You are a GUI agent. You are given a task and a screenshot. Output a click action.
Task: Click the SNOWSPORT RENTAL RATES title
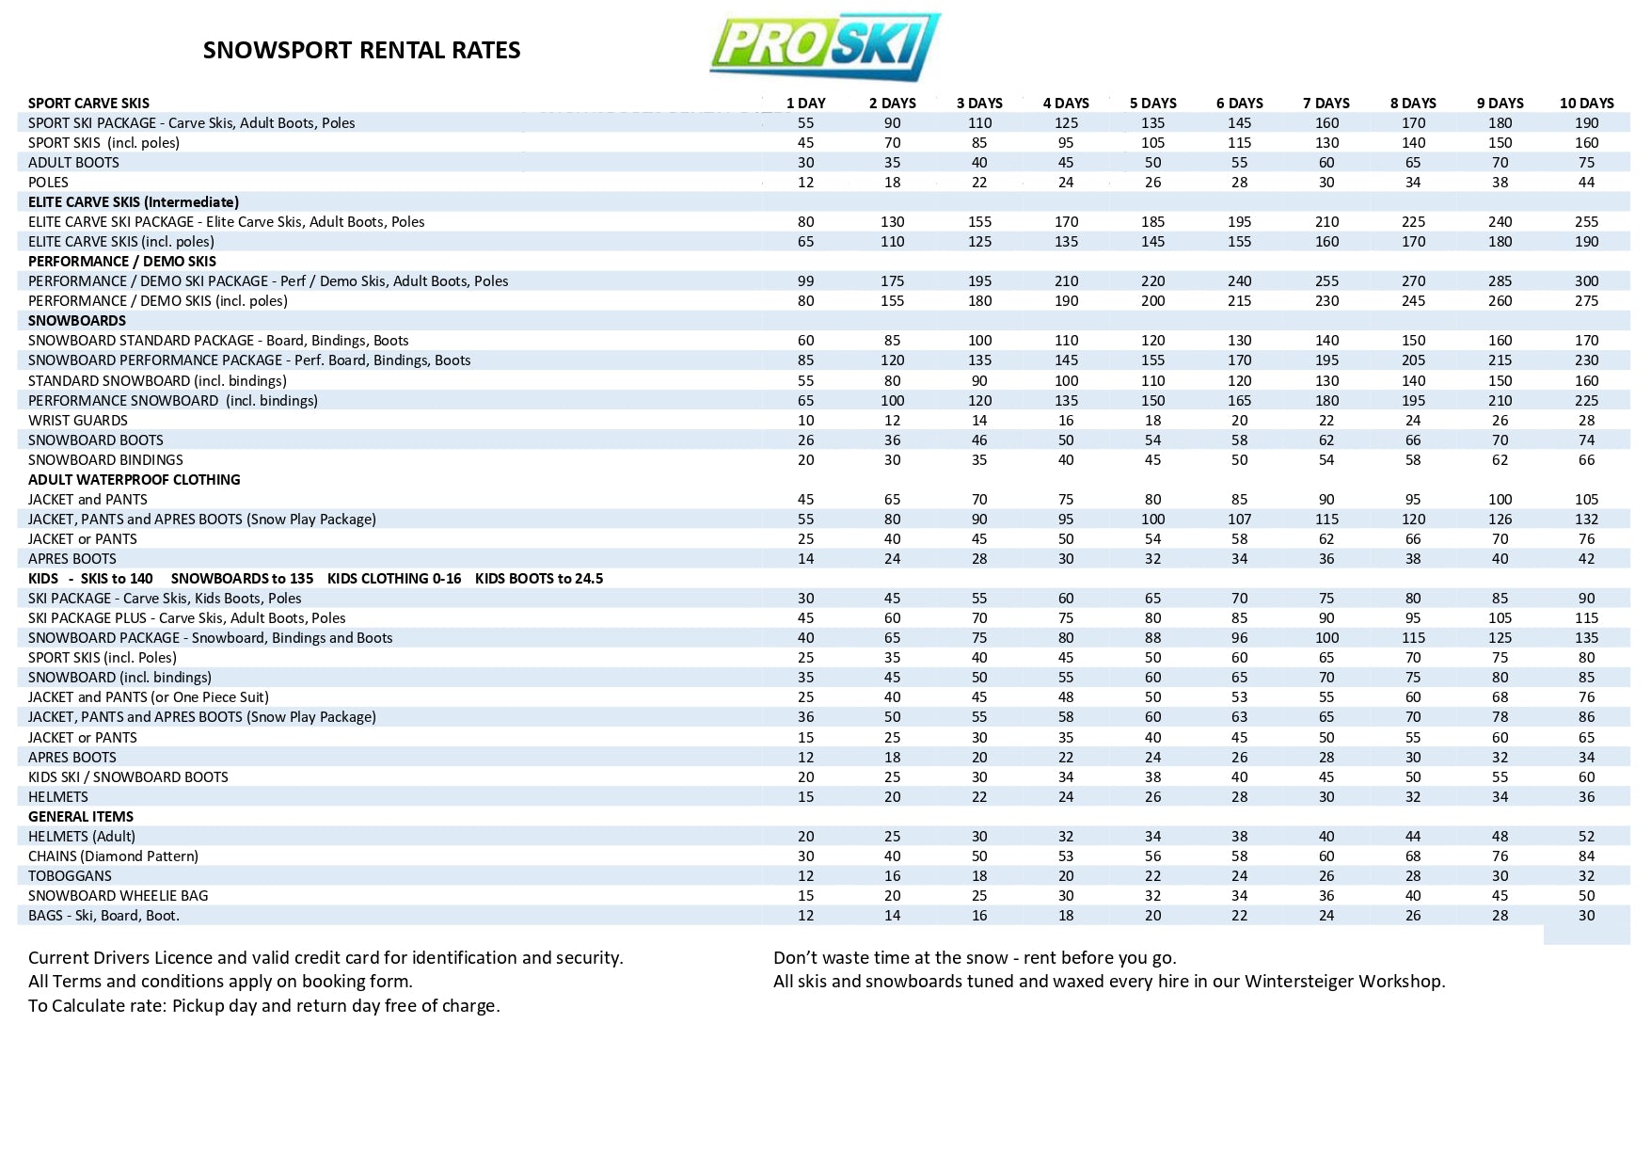click(361, 50)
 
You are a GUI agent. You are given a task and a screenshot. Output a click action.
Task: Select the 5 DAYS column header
click(1152, 104)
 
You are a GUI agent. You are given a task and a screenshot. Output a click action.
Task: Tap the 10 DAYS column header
click(1586, 104)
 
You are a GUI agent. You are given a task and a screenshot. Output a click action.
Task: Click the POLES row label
click(48, 183)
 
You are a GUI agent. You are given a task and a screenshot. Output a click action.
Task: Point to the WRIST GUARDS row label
click(78, 421)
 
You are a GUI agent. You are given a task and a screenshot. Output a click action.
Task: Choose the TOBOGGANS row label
click(70, 876)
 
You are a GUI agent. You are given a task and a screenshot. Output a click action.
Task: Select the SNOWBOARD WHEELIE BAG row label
click(118, 896)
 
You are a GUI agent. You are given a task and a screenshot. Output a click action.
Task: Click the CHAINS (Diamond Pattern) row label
click(113, 856)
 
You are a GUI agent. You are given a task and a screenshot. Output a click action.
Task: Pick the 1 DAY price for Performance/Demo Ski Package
click(805, 281)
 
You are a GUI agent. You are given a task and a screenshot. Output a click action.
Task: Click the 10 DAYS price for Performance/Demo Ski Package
click(1586, 281)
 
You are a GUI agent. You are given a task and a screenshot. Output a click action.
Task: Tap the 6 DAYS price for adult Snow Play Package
click(1239, 520)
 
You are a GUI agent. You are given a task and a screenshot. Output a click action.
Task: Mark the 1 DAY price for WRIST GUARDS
click(805, 421)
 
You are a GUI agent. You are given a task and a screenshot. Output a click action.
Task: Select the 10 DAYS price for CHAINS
click(1586, 856)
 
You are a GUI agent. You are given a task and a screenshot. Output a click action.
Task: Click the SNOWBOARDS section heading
click(77, 321)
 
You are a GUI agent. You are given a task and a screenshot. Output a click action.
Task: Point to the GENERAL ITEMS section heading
click(81, 817)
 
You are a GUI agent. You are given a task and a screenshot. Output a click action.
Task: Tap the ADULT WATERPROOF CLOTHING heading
click(134, 480)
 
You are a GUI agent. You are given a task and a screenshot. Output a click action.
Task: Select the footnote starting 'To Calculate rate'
click(263, 1006)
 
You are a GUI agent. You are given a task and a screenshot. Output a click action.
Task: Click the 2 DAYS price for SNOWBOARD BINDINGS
click(892, 460)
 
